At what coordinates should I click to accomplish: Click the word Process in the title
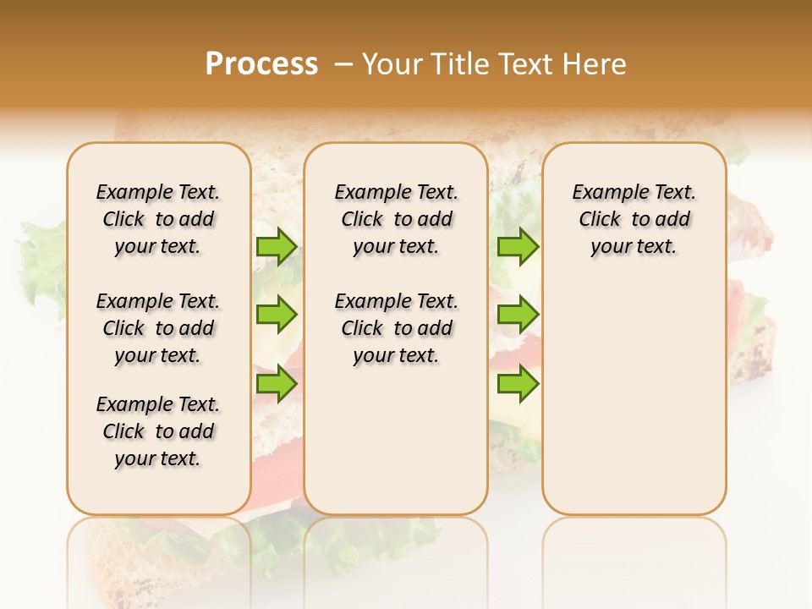[261, 64]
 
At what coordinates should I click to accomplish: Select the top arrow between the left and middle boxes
[277, 246]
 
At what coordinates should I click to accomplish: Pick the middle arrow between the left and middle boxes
[277, 315]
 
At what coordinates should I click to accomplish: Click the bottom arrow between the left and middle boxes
[277, 384]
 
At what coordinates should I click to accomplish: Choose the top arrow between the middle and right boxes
[518, 246]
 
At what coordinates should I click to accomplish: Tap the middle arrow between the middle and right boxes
[518, 315]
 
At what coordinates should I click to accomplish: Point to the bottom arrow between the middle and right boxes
[518, 384]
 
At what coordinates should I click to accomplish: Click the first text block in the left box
[158, 219]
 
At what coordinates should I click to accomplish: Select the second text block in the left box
[158, 328]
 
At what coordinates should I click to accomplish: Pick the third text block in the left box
[158, 431]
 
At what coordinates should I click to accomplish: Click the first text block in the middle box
[396, 219]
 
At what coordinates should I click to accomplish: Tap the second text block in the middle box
[396, 328]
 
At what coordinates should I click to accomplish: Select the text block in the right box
[634, 219]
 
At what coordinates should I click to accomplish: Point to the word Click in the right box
[600, 220]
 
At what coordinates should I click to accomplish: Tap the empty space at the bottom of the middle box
[396, 448]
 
